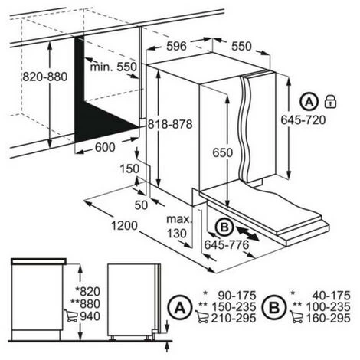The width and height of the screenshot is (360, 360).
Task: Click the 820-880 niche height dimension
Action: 45,77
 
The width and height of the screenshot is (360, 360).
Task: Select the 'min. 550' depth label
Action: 113,67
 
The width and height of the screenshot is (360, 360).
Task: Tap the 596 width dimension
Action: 177,46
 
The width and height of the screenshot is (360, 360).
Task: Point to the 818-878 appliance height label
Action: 170,124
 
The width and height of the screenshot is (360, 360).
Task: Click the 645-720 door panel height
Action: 303,120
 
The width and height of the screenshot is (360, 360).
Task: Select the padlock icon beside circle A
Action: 330,101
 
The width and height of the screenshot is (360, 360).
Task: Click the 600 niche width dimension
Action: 105,147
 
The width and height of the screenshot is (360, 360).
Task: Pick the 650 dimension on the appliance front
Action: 223,152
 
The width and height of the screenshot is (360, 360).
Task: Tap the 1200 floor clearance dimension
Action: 124,225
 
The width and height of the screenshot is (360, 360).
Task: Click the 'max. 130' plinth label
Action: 178,226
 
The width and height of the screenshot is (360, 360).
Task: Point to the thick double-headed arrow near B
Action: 247,233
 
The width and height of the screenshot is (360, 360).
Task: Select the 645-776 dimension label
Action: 227,245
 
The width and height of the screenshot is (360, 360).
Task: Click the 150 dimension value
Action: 129,169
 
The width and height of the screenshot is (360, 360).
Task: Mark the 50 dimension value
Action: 141,205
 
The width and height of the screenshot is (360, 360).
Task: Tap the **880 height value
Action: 85,304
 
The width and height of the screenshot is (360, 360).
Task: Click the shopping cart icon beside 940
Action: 70,316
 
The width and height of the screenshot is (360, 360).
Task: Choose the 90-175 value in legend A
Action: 237,296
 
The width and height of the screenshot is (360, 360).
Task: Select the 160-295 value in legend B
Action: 328,318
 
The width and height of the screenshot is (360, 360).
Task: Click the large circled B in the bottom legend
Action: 274,308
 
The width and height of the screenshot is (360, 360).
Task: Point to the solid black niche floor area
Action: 102,123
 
